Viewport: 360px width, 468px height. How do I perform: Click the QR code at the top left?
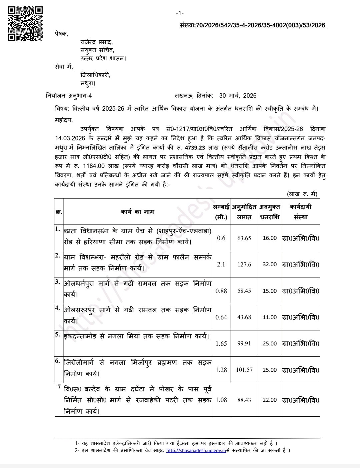[25, 23]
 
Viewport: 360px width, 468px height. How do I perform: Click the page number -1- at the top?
[180, 13]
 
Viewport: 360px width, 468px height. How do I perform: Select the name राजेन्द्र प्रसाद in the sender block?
[96, 43]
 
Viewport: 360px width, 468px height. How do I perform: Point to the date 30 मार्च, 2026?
[238, 96]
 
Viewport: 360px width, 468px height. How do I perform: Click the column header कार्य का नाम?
[137, 212]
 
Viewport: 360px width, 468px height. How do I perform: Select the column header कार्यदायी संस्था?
[300, 212]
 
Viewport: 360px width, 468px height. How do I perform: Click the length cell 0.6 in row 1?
[221, 238]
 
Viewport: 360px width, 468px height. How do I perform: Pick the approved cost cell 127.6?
[244, 264]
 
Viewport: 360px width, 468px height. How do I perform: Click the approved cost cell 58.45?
[244, 291]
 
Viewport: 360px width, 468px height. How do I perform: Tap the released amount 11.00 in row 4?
[270, 317]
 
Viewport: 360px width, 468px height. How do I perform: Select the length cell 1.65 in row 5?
[221, 343]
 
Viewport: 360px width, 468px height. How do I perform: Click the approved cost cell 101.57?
[244, 370]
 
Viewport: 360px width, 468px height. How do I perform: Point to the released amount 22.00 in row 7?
[270, 400]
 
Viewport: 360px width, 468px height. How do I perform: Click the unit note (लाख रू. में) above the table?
[302, 194]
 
